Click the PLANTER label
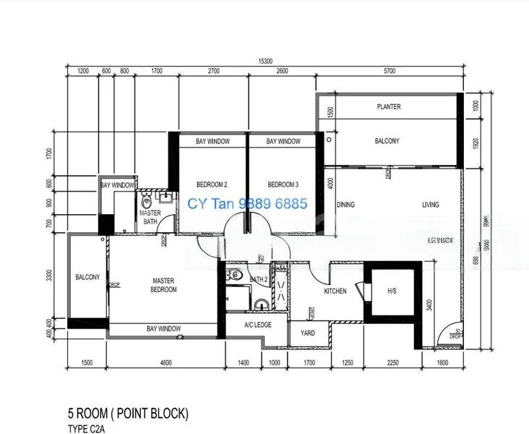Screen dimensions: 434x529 click(x=389, y=107)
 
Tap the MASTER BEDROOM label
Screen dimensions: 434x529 click(x=164, y=285)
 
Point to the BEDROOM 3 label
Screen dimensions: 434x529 click(x=283, y=184)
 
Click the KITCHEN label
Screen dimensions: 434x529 click(x=335, y=292)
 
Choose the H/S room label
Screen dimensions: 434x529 click(x=392, y=292)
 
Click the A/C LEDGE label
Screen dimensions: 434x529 click(x=257, y=325)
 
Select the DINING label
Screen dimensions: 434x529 click(x=345, y=205)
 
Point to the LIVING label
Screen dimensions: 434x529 click(x=431, y=205)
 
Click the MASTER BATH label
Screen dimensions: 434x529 click(x=150, y=217)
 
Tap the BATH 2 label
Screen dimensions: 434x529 click(x=259, y=279)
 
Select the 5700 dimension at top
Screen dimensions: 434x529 click(x=390, y=72)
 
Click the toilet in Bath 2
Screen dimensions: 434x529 click(x=236, y=275)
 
